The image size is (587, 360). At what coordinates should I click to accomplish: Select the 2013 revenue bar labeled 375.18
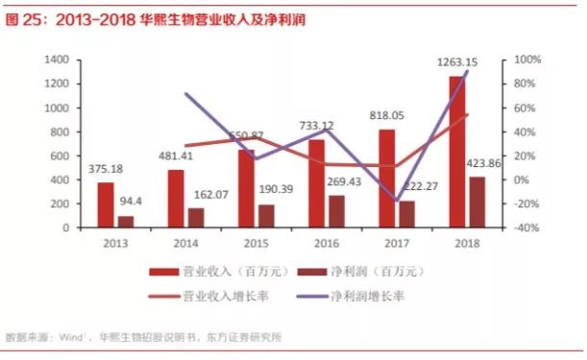(106, 204)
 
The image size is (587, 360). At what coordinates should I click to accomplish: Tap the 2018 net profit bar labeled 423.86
(477, 202)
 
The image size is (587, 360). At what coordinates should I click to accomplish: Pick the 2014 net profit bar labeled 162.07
(197, 218)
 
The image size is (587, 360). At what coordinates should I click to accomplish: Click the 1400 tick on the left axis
(57, 60)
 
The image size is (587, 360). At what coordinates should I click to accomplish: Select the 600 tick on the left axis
(60, 156)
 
